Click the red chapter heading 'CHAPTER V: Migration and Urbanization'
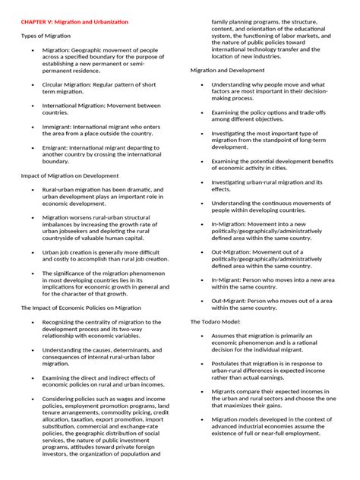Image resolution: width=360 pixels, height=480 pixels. (x=74, y=23)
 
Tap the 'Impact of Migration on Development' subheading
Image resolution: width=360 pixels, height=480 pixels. (x=70, y=175)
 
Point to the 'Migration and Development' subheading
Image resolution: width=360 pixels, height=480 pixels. (x=223, y=70)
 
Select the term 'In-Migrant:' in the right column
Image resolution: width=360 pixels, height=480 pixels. (x=228, y=280)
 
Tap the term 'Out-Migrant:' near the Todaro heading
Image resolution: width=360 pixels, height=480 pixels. (x=230, y=301)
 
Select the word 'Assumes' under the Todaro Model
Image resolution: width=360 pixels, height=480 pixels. (x=225, y=336)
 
